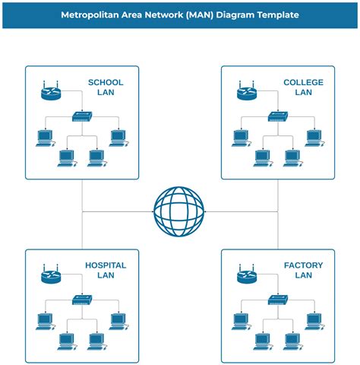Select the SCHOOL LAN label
pyautogui.click(x=106, y=87)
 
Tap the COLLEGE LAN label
pyautogui.click(x=302, y=87)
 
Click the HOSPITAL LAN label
pyautogui.click(x=106, y=270)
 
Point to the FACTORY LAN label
pyautogui.click(x=302, y=270)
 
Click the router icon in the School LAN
pyautogui.click(x=51, y=93)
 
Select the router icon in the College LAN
pyautogui.click(x=248, y=93)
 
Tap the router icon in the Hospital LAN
pyautogui.click(x=51, y=275)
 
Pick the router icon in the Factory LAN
pyautogui.click(x=248, y=275)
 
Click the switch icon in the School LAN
pyautogui.click(x=82, y=116)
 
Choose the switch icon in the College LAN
pyautogui.click(x=278, y=116)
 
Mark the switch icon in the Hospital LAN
pyautogui.click(x=82, y=300)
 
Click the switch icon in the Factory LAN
pyautogui.click(x=278, y=300)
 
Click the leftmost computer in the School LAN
pyautogui.click(x=45, y=138)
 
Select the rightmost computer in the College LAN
pyautogui.click(x=314, y=138)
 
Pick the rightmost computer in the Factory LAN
pyautogui.click(x=314, y=321)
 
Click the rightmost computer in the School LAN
pyautogui.click(x=117, y=138)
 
